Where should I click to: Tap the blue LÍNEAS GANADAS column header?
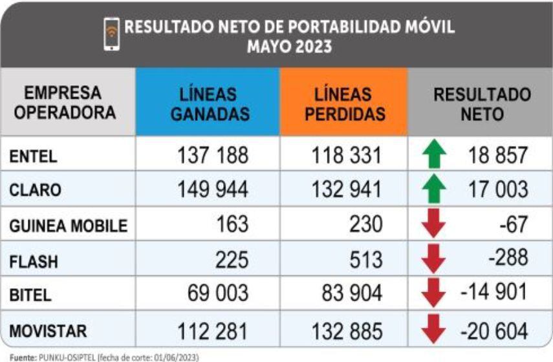click(207, 104)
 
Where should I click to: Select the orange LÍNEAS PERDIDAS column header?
click(343, 104)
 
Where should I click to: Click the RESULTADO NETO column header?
click(482, 104)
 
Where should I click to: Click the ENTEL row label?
click(34, 156)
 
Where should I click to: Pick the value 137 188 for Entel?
click(213, 156)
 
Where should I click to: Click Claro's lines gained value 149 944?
click(213, 190)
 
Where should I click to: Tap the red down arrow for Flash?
click(435, 259)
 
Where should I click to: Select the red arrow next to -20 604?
click(435, 331)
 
